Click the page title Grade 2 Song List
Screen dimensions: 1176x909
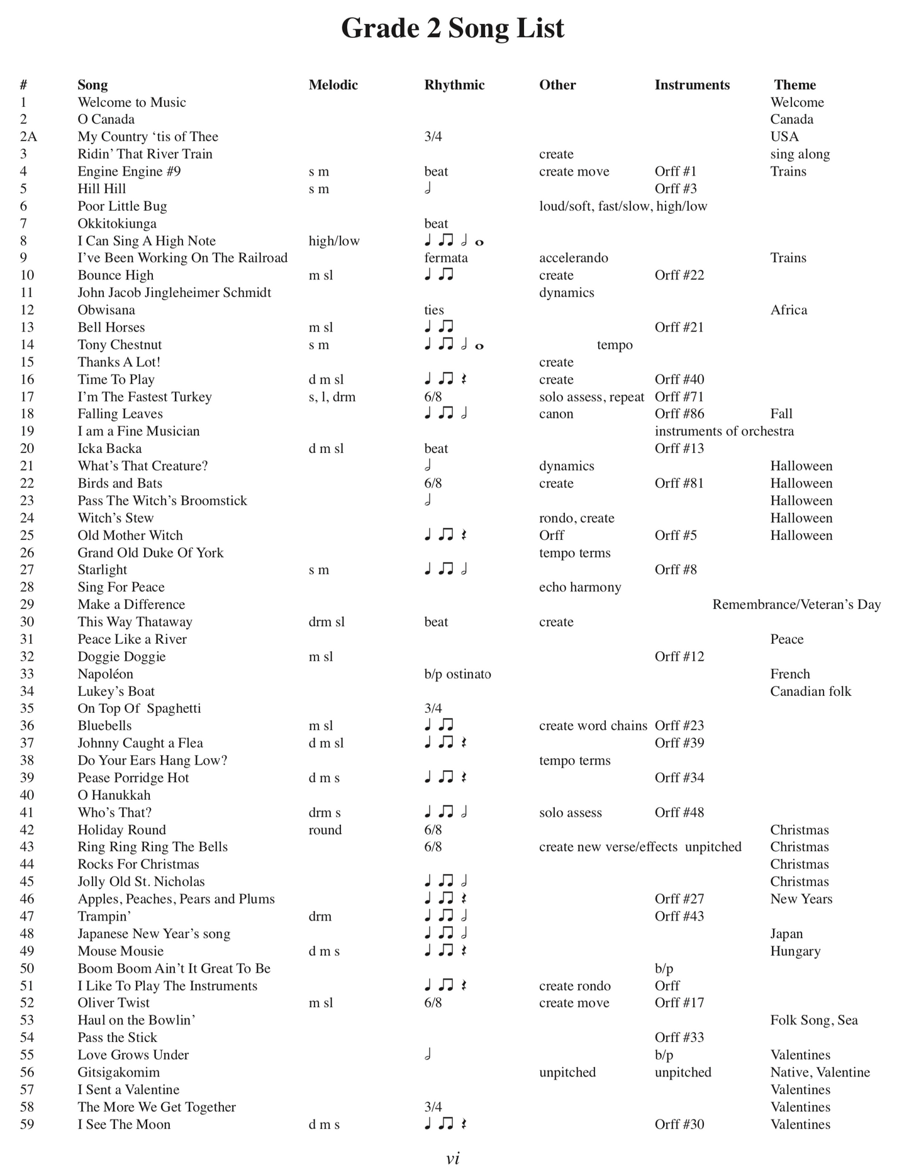[452, 28]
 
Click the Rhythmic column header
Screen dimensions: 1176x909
[454, 85]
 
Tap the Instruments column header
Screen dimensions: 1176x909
[692, 85]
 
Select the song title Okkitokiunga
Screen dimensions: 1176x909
[117, 223]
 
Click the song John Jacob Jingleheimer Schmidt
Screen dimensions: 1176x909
[174, 293]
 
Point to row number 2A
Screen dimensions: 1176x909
[28, 137]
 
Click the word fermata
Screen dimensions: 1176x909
[446, 258]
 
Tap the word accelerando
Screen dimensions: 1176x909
[573, 258]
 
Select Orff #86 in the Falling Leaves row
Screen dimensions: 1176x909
[679, 414]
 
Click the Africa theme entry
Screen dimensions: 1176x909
[788, 310]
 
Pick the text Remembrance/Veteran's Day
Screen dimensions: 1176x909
[796, 605]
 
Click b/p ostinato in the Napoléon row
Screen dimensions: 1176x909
[457, 674]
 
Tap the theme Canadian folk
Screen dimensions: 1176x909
[810, 692]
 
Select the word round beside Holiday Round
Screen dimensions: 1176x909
[325, 830]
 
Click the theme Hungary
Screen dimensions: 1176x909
[795, 951]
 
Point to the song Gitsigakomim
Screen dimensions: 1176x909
[118, 1072]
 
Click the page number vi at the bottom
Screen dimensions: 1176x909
[453, 1158]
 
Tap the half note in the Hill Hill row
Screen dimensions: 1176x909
[428, 189]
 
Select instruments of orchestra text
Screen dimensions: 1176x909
[724, 432]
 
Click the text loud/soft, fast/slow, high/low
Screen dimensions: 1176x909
[623, 206]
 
